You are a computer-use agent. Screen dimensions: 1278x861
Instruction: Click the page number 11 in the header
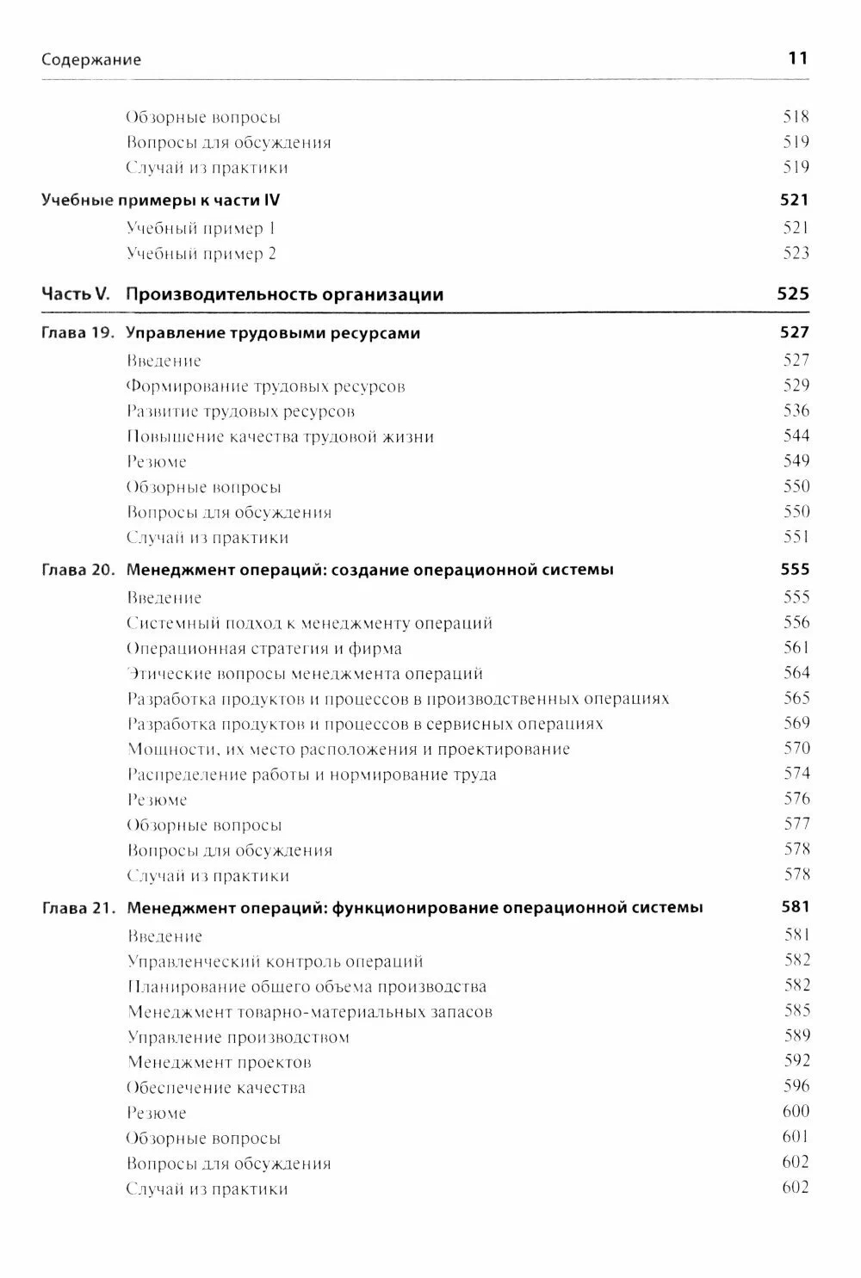[x=797, y=59]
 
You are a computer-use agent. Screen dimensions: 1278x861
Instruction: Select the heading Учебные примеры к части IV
[x=161, y=201]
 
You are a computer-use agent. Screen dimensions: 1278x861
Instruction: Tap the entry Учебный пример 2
[x=201, y=254]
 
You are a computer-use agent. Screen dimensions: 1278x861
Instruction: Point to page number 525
[x=793, y=294]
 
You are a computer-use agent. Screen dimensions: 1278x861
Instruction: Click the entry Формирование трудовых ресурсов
[x=265, y=386]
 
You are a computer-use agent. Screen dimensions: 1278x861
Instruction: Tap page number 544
[x=796, y=436]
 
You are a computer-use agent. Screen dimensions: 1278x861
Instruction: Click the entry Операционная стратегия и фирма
[x=264, y=648]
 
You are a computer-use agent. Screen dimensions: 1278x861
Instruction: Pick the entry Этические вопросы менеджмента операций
[x=305, y=674]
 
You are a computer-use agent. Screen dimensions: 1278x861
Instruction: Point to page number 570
[x=796, y=749]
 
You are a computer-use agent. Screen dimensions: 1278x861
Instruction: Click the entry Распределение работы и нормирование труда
[x=312, y=775]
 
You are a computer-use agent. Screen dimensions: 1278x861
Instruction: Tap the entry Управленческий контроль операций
[x=276, y=961]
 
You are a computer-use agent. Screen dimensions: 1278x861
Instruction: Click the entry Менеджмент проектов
[x=220, y=1063]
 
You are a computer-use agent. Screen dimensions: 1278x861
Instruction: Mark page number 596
[x=796, y=1087]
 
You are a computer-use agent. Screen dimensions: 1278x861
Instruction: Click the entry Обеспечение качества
[x=216, y=1088]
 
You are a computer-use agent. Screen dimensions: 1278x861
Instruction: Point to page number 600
[x=796, y=1112]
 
